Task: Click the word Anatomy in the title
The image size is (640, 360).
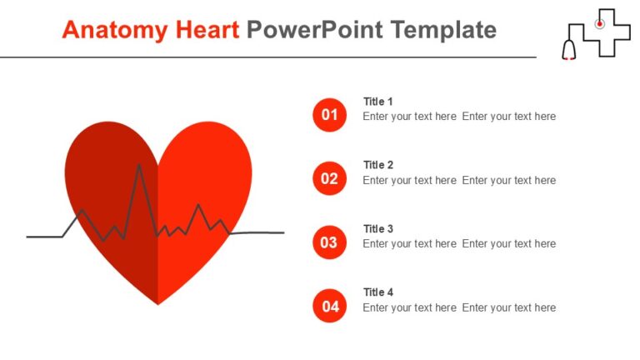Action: (114, 30)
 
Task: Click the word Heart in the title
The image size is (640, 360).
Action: (206, 30)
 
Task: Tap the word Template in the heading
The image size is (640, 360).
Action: (442, 30)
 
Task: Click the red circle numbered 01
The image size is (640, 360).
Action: (329, 115)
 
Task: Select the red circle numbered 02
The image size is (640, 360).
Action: (329, 178)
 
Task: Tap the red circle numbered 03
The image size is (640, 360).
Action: (329, 242)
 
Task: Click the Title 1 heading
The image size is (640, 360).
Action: (378, 102)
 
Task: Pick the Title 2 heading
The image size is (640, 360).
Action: (378, 165)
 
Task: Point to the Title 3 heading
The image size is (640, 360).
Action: (378, 229)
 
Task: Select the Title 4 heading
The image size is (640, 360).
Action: (378, 292)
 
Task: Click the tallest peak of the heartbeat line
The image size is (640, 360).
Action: (139, 166)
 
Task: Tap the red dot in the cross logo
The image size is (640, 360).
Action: (599, 24)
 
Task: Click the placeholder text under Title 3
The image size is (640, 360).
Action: (459, 244)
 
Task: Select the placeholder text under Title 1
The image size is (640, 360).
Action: (459, 117)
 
